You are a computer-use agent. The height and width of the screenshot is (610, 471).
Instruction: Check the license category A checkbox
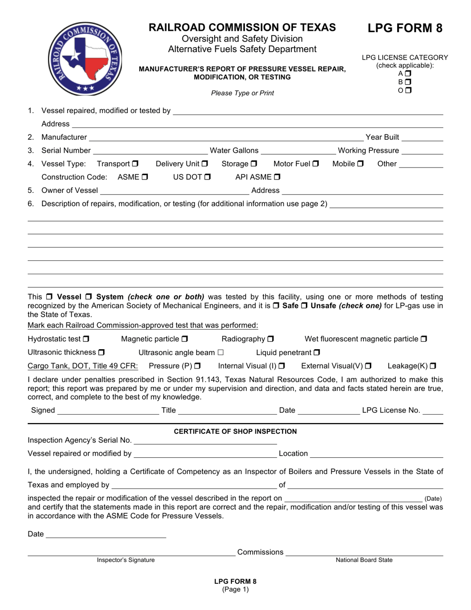pos(408,74)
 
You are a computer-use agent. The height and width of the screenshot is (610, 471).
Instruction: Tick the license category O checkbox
pos(408,90)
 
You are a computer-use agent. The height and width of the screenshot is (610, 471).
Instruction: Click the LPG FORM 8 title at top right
pos(405,28)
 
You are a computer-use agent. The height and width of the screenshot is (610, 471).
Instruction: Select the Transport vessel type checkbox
pos(135,164)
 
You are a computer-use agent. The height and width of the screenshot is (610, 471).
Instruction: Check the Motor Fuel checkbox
pos(315,164)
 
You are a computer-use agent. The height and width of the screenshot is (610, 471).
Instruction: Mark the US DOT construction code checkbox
pos(207,177)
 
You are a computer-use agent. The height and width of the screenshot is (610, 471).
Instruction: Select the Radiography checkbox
pos(271,339)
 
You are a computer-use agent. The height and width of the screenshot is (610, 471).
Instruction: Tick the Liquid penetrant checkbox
pos(317,353)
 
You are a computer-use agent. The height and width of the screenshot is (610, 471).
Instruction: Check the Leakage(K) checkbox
pos(433,366)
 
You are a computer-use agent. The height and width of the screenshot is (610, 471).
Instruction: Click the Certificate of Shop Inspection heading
pos(235,431)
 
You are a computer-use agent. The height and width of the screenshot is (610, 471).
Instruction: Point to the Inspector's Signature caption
pos(125,560)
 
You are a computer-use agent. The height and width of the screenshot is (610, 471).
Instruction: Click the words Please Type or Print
pos(242,93)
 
